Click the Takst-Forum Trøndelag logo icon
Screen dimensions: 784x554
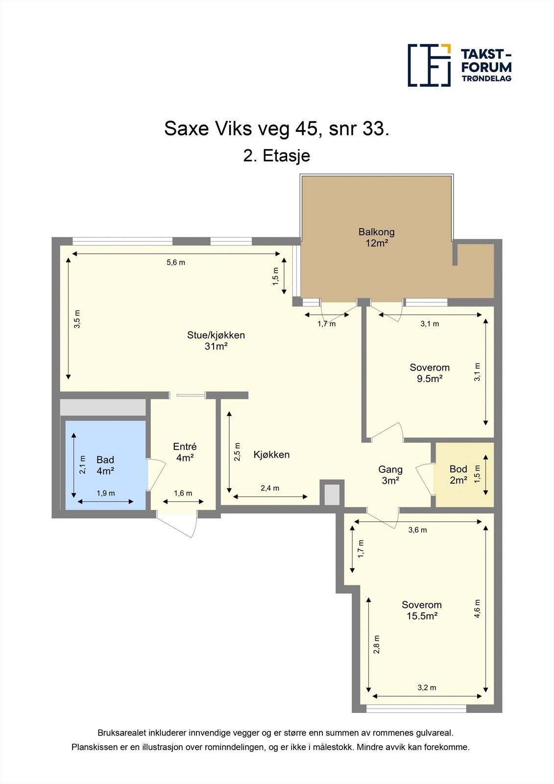[x=429, y=65]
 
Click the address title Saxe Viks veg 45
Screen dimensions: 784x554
[x=277, y=129]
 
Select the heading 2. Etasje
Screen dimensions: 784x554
[x=277, y=156]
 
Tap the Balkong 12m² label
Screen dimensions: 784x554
[x=376, y=237]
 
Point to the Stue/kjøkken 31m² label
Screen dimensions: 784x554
[x=216, y=341]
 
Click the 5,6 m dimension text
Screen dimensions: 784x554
[x=176, y=262]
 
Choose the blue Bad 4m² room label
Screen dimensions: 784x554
[x=105, y=465]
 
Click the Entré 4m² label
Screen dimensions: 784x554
[x=185, y=452]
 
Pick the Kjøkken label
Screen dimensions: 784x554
[x=271, y=455]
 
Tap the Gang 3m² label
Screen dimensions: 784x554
[x=390, y=475]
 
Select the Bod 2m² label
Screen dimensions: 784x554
[x=458, y=474]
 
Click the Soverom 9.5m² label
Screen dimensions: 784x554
[x=430, y=372]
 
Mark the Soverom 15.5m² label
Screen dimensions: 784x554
[x=422, y=610]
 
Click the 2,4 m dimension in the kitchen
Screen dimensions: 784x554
[x=270, y=488]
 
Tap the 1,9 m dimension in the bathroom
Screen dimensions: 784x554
[x=105, y=493]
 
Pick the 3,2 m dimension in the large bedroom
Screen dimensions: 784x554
[x=427, y=687]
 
